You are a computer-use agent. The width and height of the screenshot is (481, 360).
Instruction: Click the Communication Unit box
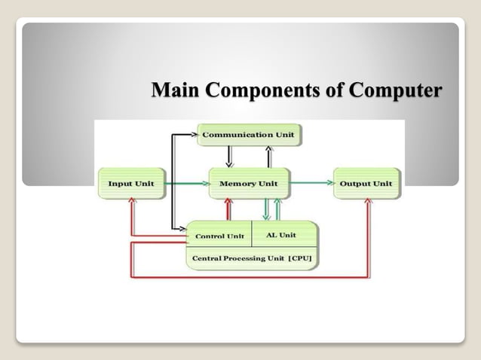click(250, 135)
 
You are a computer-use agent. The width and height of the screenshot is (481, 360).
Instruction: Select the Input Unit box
click(130, 183)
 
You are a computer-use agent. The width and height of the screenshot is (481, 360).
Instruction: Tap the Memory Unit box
click(248, 183)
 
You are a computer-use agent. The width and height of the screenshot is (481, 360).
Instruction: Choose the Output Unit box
click(366, 183)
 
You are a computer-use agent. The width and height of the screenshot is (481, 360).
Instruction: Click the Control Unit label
click(219, 236)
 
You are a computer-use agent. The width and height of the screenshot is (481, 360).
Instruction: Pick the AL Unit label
click(281, 235)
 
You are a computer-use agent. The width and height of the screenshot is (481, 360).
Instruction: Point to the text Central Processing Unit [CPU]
click(251, 258)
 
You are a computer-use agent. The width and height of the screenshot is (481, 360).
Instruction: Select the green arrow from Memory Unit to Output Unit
click(311, 183)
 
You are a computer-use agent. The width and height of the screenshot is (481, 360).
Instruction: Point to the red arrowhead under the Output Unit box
click(369, 202)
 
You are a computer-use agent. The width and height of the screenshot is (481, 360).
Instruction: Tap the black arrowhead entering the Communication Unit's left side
click(195, 134)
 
